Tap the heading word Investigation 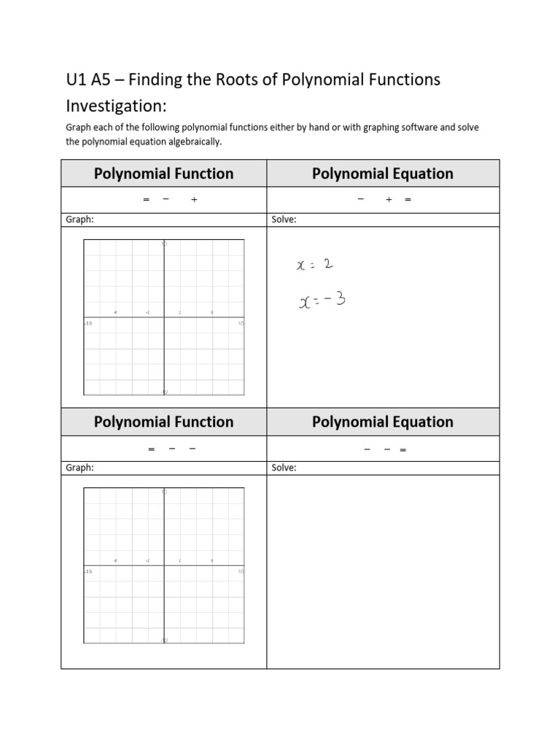click(114, 106)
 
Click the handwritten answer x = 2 click(315, 266)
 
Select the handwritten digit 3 click(340, 298)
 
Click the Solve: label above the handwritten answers click(284, 220)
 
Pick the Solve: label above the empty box click(284, 468)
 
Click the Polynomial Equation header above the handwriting click(383, 174)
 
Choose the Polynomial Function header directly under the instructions click(164, 174)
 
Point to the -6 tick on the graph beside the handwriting click(115, 313)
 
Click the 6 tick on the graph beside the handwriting click(212, 313)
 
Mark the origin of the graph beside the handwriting click(164, 317)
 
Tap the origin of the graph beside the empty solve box click(164, 565)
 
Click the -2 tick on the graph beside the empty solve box click(147, 561)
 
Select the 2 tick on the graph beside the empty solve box click(180, 561)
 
